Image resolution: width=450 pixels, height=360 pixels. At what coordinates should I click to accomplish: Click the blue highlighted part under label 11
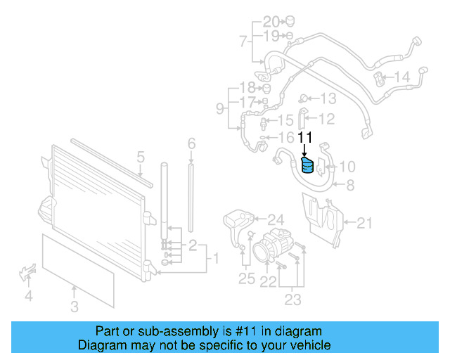(x=307, y=167)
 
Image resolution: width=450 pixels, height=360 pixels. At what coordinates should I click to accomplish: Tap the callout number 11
(x=304, y=137)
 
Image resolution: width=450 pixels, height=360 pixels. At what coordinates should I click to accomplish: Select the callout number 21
(x=364, y=224)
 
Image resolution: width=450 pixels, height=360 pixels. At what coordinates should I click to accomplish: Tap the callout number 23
(x=292, y=300)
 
